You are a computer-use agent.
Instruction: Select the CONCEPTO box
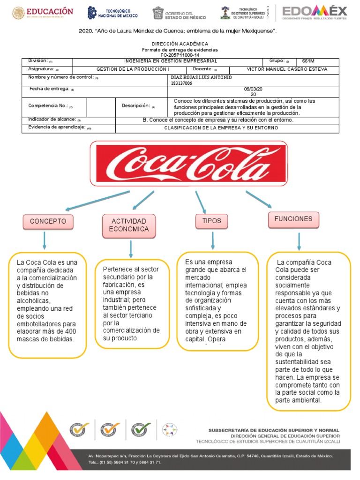(x=48, y=221)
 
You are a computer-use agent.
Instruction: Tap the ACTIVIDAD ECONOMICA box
(x=129, y=225)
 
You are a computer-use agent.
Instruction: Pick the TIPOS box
(x=211, y=221)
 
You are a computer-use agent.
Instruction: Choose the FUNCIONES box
(x=293, y=219)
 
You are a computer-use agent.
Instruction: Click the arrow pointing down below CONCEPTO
(x=45, y=240)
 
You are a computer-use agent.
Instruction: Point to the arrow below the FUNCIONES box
(x=299, y=241)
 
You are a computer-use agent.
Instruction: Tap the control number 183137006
(x=182, y=83)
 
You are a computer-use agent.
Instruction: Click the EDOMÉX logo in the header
(x=315, y=13)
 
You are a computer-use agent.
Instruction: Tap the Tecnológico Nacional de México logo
(x=112, y=13)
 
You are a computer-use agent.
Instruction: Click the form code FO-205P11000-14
(x=180, y=55)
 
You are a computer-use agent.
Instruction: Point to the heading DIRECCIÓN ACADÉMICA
(x=180, y=44)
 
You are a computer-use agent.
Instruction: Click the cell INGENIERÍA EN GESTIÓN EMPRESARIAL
(x=170, y=61)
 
